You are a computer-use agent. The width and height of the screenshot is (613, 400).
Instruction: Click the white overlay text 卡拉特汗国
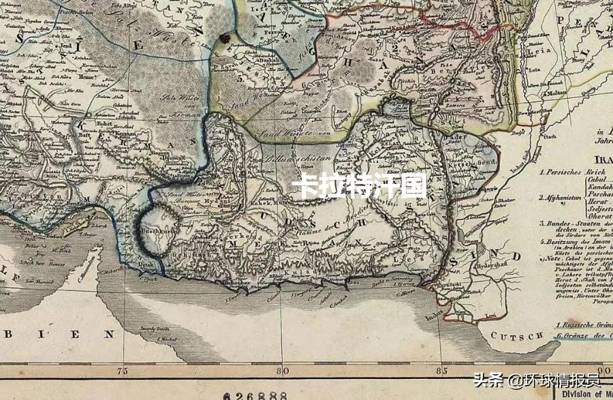pos(359,185)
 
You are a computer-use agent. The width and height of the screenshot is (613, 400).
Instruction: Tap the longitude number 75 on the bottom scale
pos(123,371)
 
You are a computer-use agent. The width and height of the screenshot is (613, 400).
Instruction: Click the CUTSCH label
pos(520,336)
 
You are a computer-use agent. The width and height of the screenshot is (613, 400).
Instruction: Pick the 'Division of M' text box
pos(588,393)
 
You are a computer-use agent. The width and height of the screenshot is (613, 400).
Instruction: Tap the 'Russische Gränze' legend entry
pos(583,326)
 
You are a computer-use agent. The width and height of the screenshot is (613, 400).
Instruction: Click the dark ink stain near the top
pos(224,39)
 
